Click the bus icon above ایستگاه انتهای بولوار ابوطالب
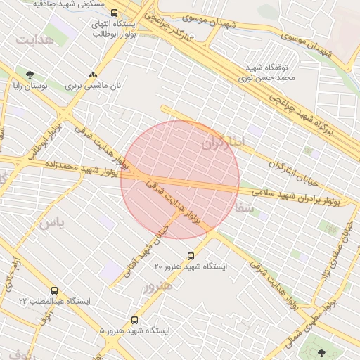click(115, 13)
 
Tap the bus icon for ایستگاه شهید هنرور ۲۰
click(191, 256)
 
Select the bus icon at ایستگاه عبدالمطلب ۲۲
click(54, 290)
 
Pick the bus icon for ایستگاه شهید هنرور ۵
click(134, 320)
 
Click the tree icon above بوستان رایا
click(30, 75)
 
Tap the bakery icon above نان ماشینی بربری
click(93, 75)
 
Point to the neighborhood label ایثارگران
click(225, 143)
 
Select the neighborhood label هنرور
click(157, 287)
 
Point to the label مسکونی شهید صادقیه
click(70, 4)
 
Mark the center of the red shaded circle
click(180, 179)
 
